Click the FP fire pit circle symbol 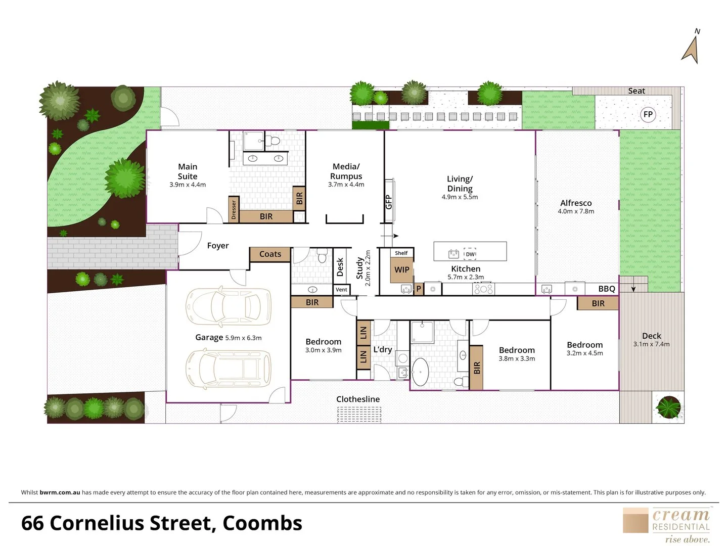pos(648,114)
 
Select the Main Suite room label pos(188,171)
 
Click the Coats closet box pos(270,254)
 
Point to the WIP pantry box pos(402,270)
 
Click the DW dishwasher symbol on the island pos(470,254)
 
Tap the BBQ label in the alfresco pos(607,289)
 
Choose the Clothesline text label pos(358,399)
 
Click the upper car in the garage pos(229,306)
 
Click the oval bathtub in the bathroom pos(420,372)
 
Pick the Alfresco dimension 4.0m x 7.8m pos(576,211)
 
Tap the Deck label pos(651,336)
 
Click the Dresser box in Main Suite pos(234,209)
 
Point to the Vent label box pos(342,290)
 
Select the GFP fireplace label pos(389,202)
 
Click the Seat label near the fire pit pos(636,91)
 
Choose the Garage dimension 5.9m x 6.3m pos(243,338)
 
